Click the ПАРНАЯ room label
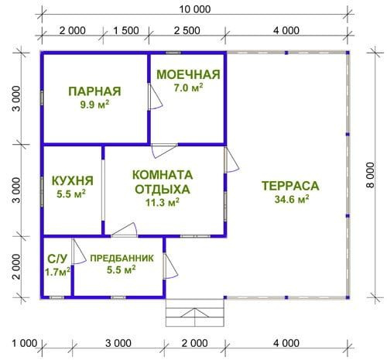[94, 91]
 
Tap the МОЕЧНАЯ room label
[189, 74]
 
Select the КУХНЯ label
[73, 180]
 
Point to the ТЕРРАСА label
[290, 186]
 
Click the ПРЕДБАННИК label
[122, 258]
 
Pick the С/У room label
[57, 259]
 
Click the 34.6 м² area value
[292, 199]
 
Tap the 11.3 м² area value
[163, 202]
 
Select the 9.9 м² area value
[94, 105]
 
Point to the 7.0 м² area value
[188, 87]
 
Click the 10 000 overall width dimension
[195, 9]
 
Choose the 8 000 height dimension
[371, 175]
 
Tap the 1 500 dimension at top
[126, 30]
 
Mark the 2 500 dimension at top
[187, 30]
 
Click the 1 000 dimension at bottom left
[25, 344]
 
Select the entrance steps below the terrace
[195, 313]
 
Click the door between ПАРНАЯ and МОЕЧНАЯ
[155, 97]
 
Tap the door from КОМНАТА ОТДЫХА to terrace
[231, 160]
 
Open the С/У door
[78, 251]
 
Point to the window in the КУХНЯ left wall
[42, 192]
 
